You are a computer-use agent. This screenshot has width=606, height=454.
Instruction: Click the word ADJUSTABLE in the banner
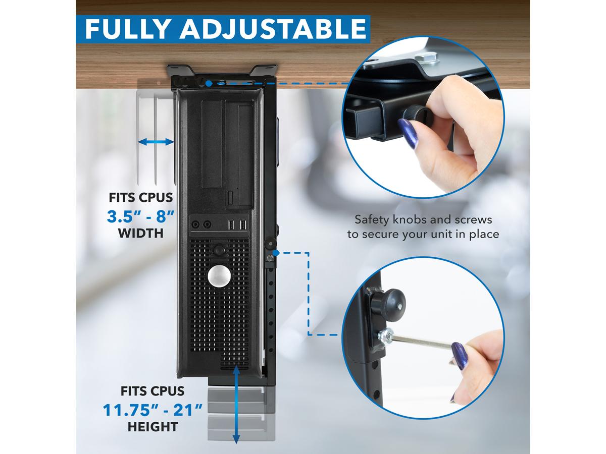[273, 29]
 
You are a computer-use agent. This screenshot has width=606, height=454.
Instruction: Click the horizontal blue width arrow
[156, 142]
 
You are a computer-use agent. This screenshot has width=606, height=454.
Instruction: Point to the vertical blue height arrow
[236, 405]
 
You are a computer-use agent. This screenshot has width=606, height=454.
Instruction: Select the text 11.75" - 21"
[153, 410]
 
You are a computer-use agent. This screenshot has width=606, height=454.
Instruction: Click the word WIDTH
[141, 233]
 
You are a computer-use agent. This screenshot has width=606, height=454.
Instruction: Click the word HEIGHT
[153, 427]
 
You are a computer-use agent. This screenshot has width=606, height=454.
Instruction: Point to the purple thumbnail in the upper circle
[408, 133]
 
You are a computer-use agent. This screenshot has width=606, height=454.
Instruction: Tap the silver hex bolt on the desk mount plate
[427, 59]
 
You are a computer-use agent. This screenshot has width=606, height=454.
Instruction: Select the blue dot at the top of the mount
[209, 84]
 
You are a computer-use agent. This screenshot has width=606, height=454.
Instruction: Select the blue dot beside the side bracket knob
[276, 253]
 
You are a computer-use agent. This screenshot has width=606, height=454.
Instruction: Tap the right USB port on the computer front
[243, 224]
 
